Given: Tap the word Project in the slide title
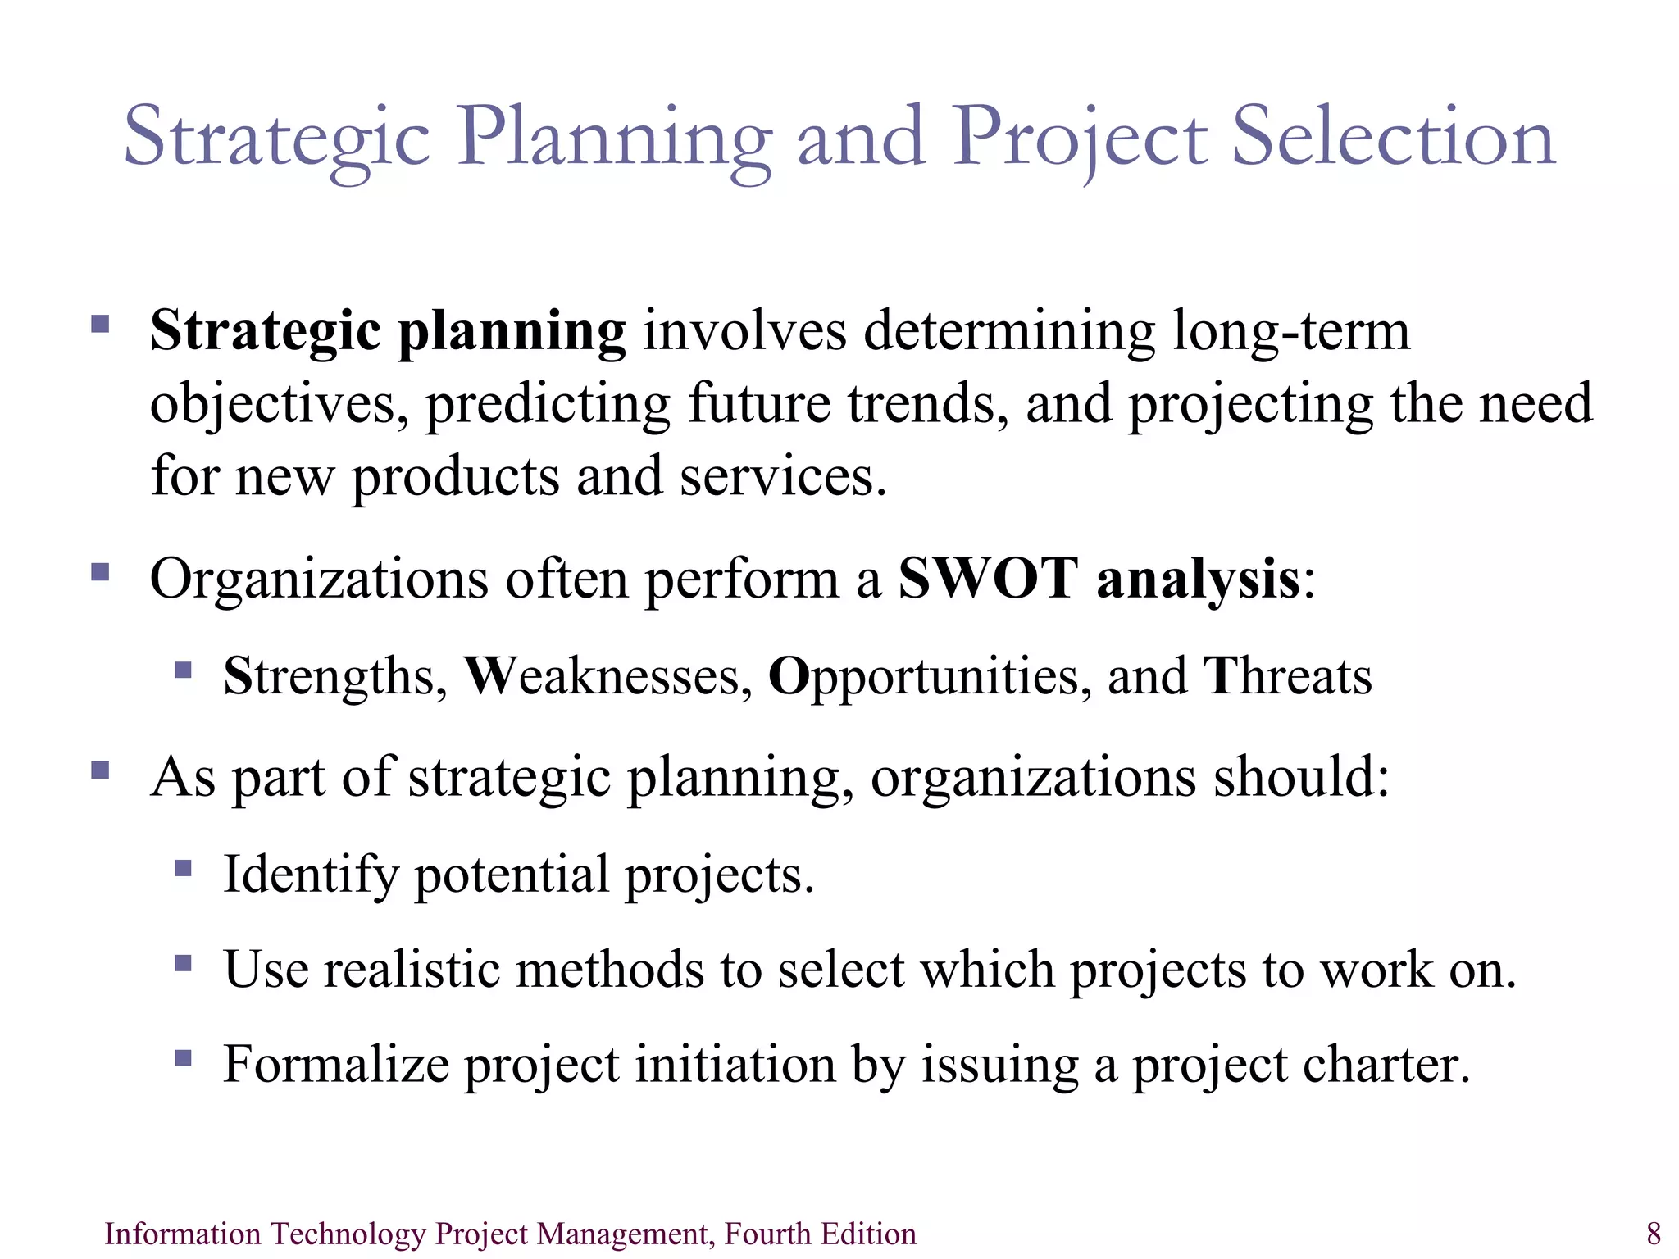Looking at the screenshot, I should pyautogui.click(x=1079, y=138).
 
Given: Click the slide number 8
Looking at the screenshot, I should pyautogui.click(x=1654, y=1234).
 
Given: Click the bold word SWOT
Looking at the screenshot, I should pyautogui.click(x=987, y=580).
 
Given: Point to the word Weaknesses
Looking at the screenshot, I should pyautogui.click(x=607, y=677).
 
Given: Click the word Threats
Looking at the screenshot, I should pyautogui.click(x=1287, y=677).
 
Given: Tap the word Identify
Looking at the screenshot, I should pyautogui.click(x=311, y=875).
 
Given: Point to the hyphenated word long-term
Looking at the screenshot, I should pyautogui.click(x=1291, y=332).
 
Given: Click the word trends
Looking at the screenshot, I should pyautogui.click(x=927, y=404).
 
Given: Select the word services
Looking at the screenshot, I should pyautogui.click(x=782, y=477).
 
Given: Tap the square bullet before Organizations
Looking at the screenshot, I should pyautogui.click(x=100, y=571).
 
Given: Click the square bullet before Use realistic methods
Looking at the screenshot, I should pyautogui.click(x=183, y=962).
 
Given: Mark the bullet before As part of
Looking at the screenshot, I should pyautogui.click(x=100, y=770).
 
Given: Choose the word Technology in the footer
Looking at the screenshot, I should pyautogui.click(x=348, y=1234).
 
